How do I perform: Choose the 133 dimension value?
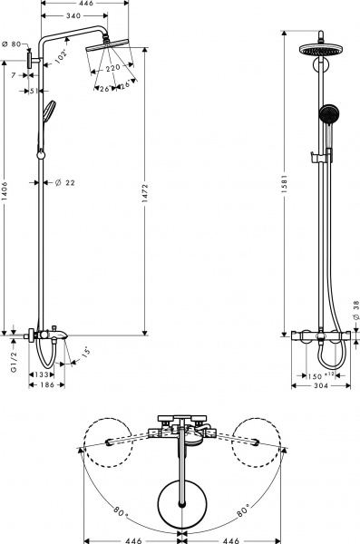(43, 373)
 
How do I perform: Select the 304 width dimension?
(319, 385)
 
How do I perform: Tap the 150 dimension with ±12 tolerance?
(317, 373)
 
